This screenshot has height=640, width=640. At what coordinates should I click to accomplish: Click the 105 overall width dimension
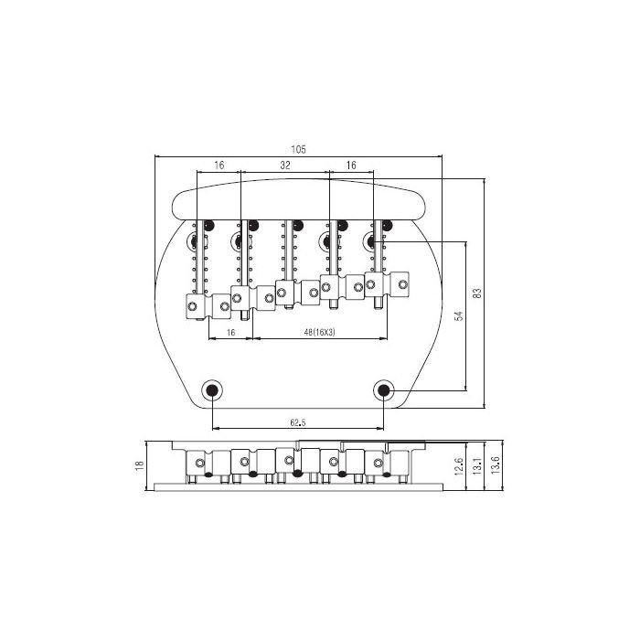pyautogui.click(x=298, y=149)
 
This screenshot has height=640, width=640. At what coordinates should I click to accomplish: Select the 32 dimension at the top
pyautogui.click(x=285, y=165)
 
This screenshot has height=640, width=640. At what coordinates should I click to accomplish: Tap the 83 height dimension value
pyautogui.click(x=476, y=293)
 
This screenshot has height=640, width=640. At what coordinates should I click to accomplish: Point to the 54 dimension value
pyautogui.click(x=459, y=315)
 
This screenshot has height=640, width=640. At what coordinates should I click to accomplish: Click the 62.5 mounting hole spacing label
pyautogui.click(x=298, y=422)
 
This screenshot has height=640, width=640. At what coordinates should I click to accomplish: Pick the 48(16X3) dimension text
pyautogui.click(x=320, y=332)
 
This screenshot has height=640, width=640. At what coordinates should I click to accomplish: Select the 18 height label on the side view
pyautogui.click(x=139, y=464)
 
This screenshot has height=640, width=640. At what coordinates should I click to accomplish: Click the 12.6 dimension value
pyautogui.click(x=459, y=466)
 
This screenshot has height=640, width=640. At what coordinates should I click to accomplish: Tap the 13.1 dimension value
pyautogui.click(x=476, y=466)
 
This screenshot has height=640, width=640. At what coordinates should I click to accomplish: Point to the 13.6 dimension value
pyautogui.click(x=496, y=465)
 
